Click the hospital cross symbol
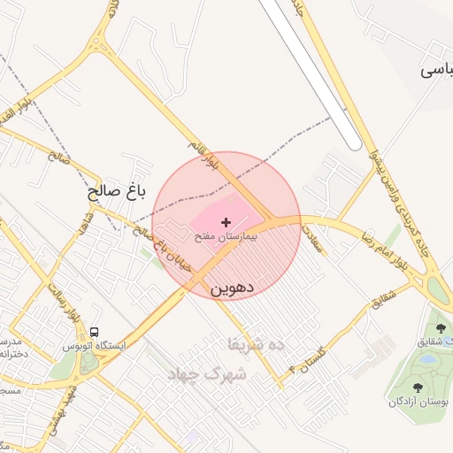point(226,221)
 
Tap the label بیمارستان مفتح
point(226,237)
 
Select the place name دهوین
point(233,288)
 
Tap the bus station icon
point(94,332)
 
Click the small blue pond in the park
point(428,360)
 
